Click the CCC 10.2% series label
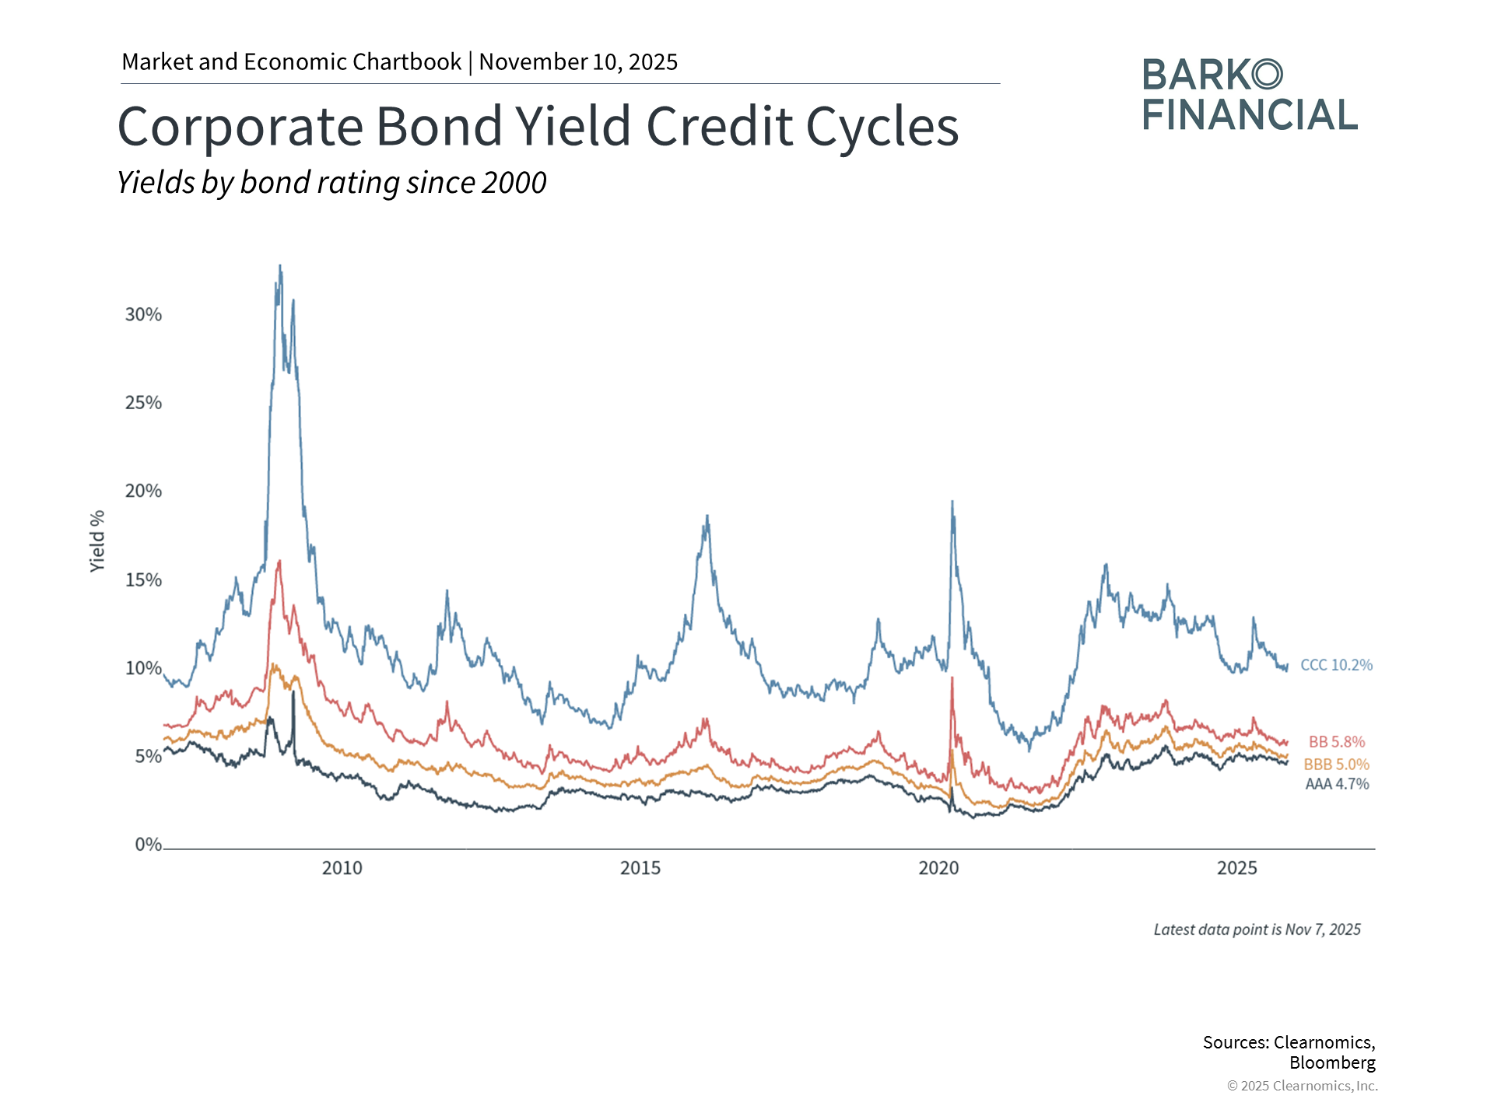click(1336, 665)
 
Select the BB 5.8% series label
click(1337, 742)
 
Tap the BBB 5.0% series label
click(1336, 765)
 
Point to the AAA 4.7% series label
click(1337, 784)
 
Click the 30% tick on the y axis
click(143, 314)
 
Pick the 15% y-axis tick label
click(143, 579)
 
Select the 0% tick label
click(148, 845)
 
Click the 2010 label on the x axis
click(342, 868)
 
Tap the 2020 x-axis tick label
click(939, 868)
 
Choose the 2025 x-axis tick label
click(1237, 868)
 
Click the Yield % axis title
click(97, 541)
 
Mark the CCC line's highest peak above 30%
click(280, 265)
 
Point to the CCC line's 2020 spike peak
click(952, 502)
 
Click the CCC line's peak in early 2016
click(707, 516)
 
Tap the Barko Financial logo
click(1250, 94)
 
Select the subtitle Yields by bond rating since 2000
click(331, 183)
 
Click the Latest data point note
click(1257, 929)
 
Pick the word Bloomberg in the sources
click(1332, 1062)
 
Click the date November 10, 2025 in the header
click(578, 61)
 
